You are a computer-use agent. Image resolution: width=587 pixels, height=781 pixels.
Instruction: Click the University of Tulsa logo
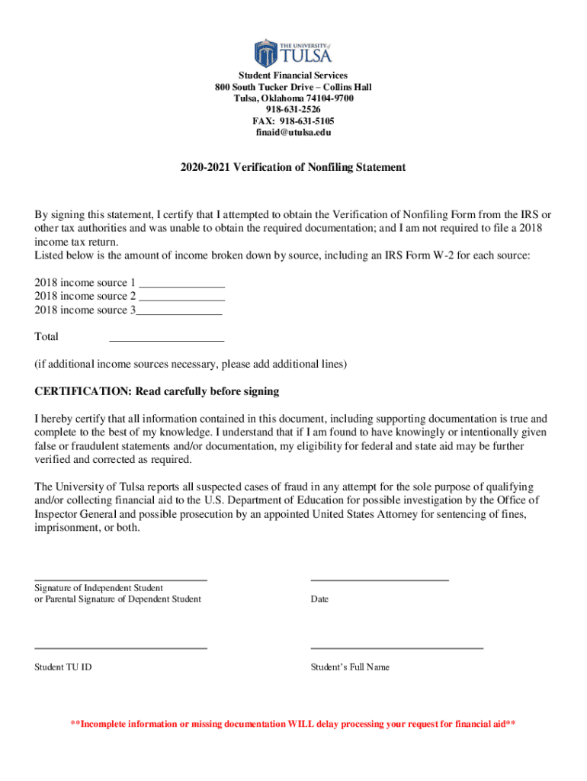pos(293,52)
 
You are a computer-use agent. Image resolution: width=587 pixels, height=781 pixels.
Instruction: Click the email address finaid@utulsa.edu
pos(293,133)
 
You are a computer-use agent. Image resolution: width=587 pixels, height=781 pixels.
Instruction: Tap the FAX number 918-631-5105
pos(293,121)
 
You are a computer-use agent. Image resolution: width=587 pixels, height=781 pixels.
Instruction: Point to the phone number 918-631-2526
pos(293,110)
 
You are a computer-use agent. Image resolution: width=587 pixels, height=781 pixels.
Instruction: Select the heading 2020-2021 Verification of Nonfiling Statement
pos(293,167)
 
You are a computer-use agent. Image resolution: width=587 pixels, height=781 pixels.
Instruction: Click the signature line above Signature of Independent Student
pos(120,580)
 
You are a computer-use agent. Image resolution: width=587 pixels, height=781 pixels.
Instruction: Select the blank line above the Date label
pos(380,580)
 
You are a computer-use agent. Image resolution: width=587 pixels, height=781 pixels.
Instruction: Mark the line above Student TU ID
pos(120,648)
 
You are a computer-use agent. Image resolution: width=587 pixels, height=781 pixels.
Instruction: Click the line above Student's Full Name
pos(396,648)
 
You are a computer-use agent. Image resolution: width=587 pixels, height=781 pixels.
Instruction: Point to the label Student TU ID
pos(63,667)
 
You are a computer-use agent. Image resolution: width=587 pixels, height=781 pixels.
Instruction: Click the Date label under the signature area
pos(319,599)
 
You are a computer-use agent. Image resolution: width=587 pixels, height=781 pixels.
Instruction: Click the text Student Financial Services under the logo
pos(293,76)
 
